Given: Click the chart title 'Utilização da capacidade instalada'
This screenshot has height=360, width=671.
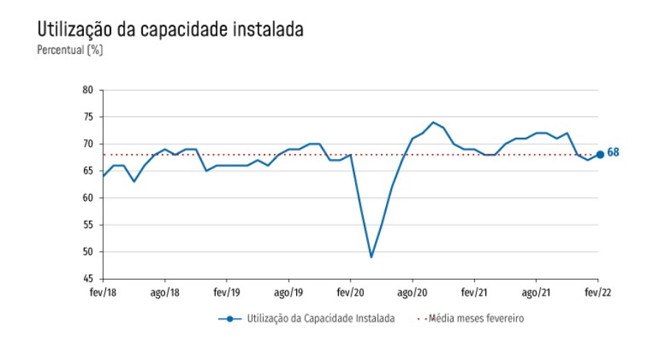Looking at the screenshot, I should (169, 30).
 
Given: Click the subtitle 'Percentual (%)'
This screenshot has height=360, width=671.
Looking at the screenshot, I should (70, 50).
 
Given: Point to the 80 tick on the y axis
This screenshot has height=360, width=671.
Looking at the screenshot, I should (88, 90).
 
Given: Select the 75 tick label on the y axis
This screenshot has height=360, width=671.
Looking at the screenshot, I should (88, 117).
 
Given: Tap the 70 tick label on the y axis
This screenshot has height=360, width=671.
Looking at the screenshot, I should (88, 144).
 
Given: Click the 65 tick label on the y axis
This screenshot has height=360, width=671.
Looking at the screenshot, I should (88, 171).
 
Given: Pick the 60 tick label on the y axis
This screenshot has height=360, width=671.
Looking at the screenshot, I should (88, 198).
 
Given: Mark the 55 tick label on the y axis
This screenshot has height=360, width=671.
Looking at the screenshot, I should (88, 225).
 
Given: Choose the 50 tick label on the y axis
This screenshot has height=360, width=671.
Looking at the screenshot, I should (88, 252).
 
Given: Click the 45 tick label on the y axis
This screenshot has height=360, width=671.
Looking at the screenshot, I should (88, 279).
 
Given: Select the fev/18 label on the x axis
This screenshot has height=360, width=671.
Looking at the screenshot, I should (102, 292).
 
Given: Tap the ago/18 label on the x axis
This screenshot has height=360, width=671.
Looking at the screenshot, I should (164, 292).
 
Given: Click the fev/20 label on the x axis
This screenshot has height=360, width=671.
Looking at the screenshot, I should (350, 292).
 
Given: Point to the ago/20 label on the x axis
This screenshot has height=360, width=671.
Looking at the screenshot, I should (412, 292).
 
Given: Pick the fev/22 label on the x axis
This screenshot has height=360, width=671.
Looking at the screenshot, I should (597, 292).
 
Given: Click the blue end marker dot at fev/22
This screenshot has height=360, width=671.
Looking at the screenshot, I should (600, 155).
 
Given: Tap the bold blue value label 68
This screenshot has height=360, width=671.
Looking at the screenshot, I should (613, 153).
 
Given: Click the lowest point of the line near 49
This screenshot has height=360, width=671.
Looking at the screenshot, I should (371, 257).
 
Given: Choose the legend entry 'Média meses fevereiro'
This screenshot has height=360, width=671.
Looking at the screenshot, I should (476, 319).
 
